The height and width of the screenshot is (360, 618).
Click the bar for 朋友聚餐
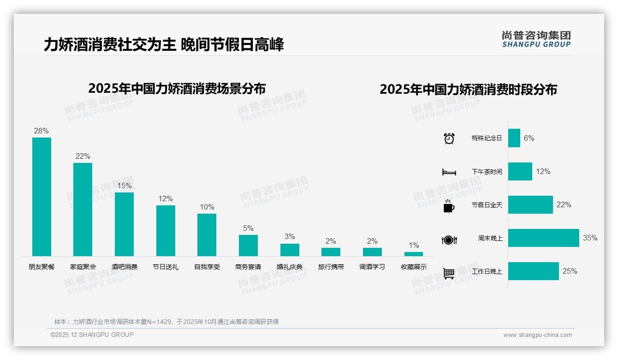tap(42, 197)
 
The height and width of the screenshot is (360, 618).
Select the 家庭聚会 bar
tap(83, 210)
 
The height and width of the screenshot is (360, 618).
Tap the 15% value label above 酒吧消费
tap(124, 186)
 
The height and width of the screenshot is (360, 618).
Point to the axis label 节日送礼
tap(166, 267)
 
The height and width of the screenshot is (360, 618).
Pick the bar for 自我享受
tap(207, 235)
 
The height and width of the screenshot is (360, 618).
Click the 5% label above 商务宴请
tap(248, 228)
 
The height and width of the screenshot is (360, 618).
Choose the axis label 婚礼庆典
tap(290, 267)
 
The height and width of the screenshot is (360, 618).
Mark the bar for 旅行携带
tap(331, 252)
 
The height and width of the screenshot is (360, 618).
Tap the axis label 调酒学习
tap(372, 267)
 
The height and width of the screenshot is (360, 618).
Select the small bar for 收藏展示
tap(414, 254)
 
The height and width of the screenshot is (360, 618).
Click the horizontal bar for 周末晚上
tap(543, 238)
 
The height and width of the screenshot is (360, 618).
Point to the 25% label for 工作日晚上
tap(570, 271)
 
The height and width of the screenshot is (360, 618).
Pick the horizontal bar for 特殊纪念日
tap(514, 138)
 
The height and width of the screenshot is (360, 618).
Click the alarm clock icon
tap(449, 138)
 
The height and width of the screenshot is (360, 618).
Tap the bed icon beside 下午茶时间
tap(449, 172)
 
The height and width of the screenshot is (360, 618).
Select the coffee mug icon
tap(449, 206)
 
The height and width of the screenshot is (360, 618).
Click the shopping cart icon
tap(449, 273)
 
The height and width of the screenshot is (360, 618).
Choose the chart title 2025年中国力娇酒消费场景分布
tap(177, 88)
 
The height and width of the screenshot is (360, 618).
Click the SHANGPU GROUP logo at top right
tap(536, 39)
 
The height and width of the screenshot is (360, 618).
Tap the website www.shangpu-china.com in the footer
tap(537, 335)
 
